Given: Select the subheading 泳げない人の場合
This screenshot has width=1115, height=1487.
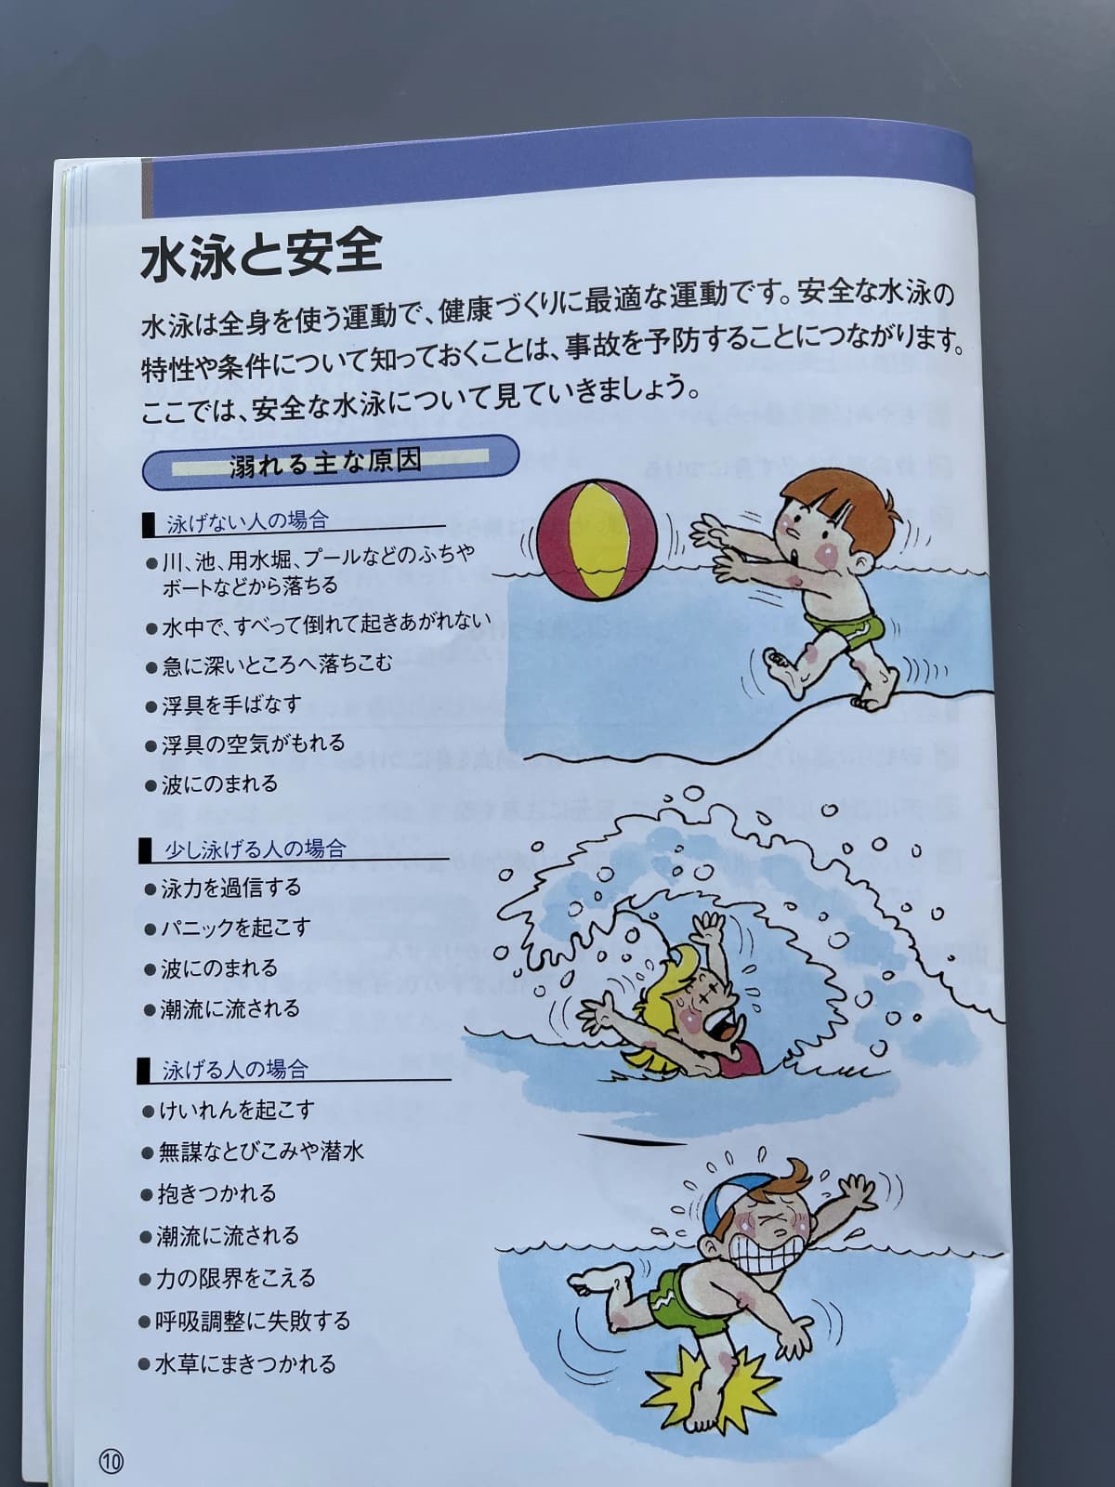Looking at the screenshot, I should (247, 522).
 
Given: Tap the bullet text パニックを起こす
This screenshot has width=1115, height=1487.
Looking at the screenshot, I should (235, 928).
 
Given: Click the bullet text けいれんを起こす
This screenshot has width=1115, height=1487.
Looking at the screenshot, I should (237, 1110).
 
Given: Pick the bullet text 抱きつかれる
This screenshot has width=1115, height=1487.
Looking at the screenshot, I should (216, 1193).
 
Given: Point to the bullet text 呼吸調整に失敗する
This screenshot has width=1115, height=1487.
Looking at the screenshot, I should (253, 1321).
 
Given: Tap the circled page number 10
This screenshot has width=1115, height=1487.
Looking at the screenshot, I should (111, 1459).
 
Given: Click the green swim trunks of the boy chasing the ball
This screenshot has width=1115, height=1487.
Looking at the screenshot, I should (840, 617).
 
